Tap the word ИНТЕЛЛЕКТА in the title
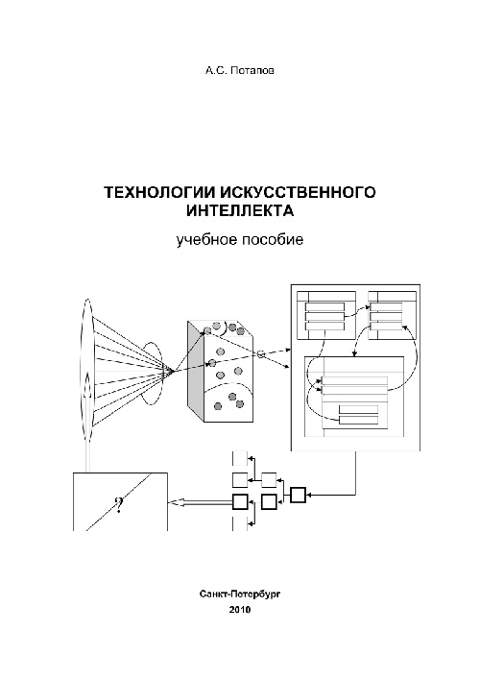(240, 211)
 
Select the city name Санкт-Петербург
(240, 594)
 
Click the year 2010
(240, 610)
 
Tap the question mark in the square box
(119, 504)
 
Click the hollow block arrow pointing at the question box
(202, 502)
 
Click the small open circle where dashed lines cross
(261, 353)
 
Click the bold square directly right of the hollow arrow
(240, 502)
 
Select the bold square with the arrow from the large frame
(298, 495)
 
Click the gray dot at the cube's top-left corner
(207, 330)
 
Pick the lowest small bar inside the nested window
(359, 419)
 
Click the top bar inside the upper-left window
(324, 307)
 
